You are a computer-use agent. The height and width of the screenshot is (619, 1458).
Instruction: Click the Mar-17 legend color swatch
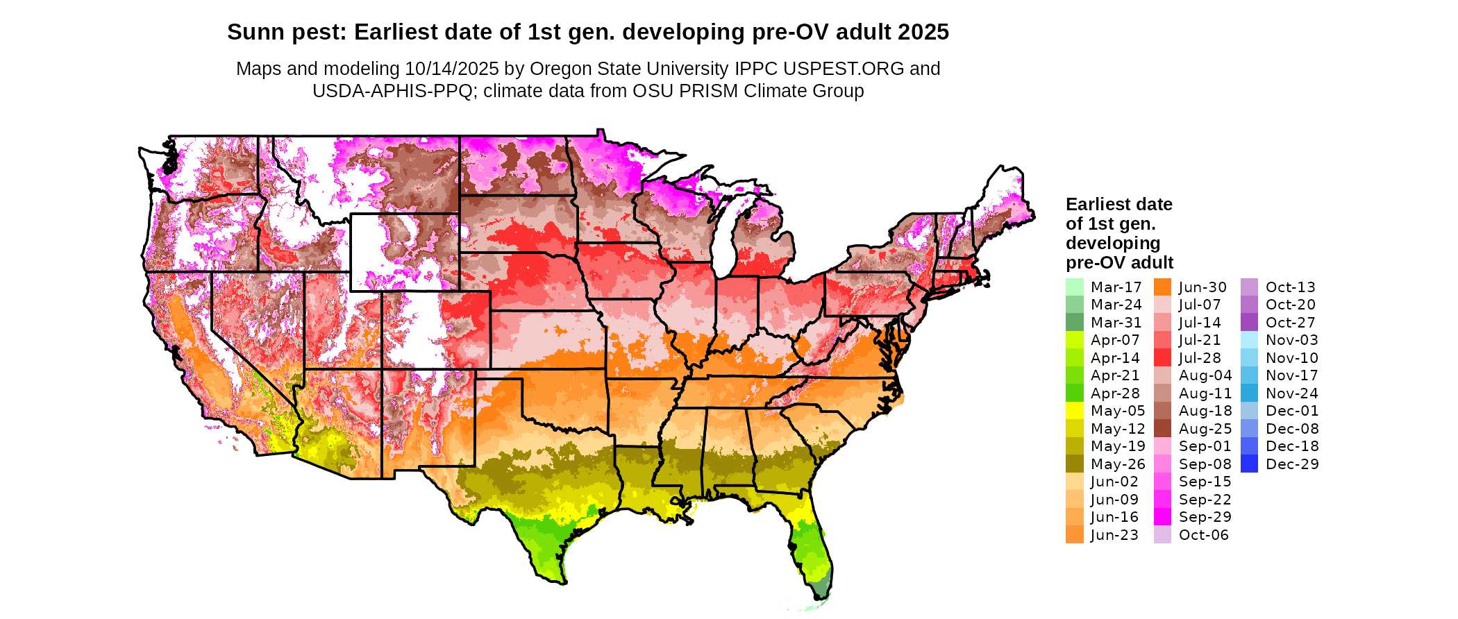coord(1074,287)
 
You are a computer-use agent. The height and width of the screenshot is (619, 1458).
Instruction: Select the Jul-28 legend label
coord(1200,358)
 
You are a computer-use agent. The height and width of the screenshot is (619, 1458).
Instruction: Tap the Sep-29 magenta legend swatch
coord(1162,517)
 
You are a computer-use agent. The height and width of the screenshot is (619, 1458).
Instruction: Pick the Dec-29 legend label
coord(1292,464)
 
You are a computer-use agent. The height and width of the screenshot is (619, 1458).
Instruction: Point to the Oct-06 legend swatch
coord(1162,535)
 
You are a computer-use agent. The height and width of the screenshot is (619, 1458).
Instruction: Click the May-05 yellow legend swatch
coord(1074,411)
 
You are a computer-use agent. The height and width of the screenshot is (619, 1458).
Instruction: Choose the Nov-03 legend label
coord(1291,340)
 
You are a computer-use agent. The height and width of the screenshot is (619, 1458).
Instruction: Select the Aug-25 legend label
coord(1205,429)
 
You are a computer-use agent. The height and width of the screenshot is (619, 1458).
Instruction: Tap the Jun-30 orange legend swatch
coord(1162,287)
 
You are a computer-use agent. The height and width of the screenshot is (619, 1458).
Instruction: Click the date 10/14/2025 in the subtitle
coord(452,69)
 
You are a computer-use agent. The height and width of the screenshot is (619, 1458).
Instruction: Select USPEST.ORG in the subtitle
coord(844,69)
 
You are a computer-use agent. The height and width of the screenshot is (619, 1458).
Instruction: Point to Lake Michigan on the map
coord(725,236)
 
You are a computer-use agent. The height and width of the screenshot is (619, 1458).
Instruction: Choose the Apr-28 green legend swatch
coord(1074,393)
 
